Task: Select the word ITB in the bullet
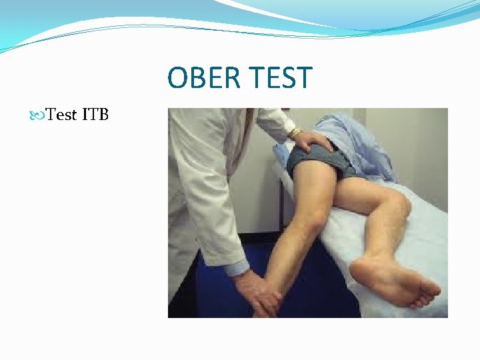click(95, 115)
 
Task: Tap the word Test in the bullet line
click(63, 115)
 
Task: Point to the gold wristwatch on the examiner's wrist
click(295, 133)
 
